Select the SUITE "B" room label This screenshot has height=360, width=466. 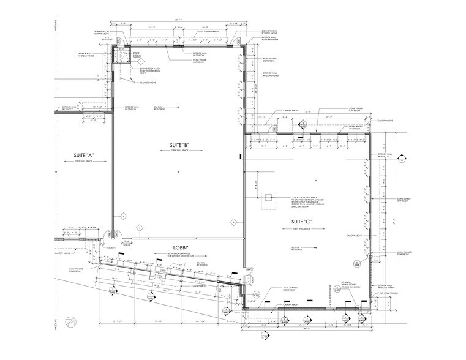pyautogui.click(x=178, y=145)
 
